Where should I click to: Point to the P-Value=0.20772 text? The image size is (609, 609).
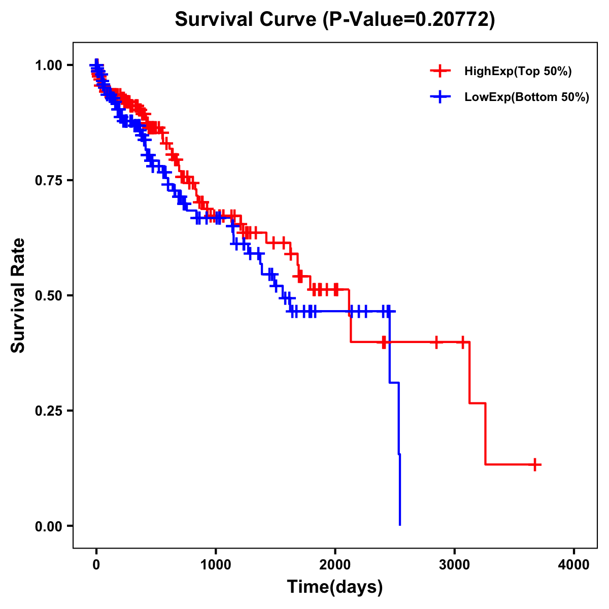[410, 19]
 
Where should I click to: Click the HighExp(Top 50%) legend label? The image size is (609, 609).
[518, 72]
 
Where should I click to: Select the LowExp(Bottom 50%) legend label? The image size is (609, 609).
[527, 97]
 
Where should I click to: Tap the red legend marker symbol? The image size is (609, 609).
[440, 71]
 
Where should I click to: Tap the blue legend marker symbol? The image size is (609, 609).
[440, 97]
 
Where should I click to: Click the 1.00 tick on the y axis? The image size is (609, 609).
[48, 65]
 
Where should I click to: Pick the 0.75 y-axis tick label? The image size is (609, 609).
[48, 180]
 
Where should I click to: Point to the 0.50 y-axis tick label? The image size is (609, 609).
[48, 295]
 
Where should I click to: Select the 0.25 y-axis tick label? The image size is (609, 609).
[48, 411]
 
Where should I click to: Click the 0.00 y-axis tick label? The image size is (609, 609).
[48, 526]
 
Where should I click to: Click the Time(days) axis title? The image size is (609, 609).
[335, 587]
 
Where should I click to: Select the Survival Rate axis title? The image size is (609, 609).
[18, 295]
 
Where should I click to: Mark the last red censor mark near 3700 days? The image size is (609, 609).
[535, 464]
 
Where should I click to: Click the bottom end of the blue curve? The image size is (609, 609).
[400, 524]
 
